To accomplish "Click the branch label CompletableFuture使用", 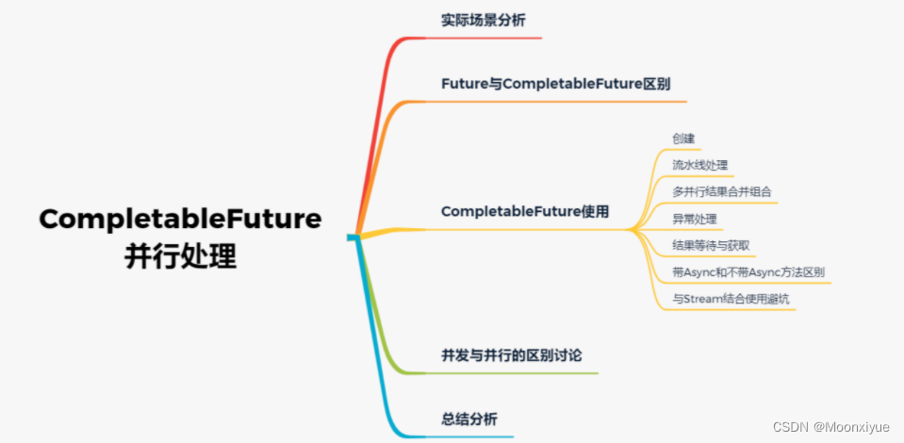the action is pyautogui.click(x=525, y=211).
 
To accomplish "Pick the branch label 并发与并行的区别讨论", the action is pyautogui.click(x=512, y=355).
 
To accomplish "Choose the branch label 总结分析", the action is pyautogui.click(x=469, y=418).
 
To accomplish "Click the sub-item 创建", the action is pyautogui.click(x=683, y=139).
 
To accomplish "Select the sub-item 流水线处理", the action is pyautogui.click(x=699, y=165).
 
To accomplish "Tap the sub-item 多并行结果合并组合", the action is pyautogui.click(x=722, y=191).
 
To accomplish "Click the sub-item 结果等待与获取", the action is pyautogui.click(x=711, y=245).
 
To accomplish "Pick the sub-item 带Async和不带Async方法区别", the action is pyautogui.click(x=748, y=272).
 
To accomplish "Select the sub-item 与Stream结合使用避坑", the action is pyautogui.click(x=731, y=299).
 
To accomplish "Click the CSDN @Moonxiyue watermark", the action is pyautogui.click(x=830, y=427).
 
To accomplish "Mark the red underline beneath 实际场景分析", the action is pyautogui.click(x=490, y=38).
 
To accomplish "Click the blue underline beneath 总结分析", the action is pyautogui.click(x=476, y=436).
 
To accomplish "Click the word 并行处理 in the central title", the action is pyautogui.click(x=180, y=254).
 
